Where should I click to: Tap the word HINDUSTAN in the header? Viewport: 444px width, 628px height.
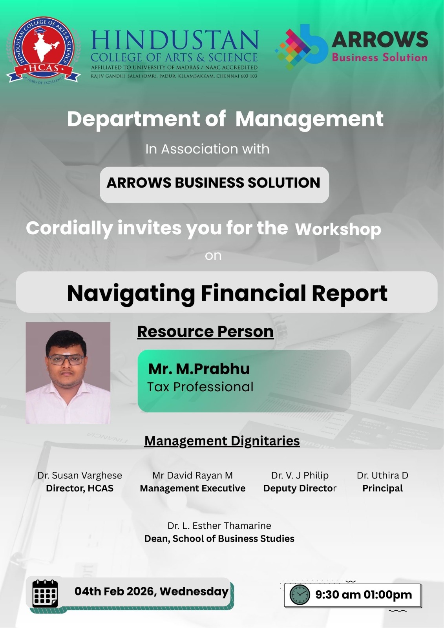tap(175, 41)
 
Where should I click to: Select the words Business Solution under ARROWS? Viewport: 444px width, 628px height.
tap(380, 58)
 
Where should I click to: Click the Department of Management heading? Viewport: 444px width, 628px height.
tap(225, 119)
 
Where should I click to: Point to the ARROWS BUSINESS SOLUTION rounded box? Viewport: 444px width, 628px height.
tap(214, 184)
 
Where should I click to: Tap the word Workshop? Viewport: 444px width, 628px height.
tap(338, 229)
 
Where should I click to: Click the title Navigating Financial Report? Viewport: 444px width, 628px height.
tap(227, 293)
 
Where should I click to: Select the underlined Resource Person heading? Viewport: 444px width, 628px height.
tap(205, 332)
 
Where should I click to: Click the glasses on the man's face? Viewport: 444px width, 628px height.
tap(66, 360)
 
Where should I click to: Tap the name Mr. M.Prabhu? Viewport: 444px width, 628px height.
tap(199, 369)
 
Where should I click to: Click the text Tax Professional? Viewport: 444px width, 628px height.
tap(200, 387)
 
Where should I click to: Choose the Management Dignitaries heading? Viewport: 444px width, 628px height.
tap(222, 441)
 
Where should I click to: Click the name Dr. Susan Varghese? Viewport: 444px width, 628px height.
tap(80, 475)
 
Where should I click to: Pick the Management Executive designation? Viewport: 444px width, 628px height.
tap(192, 488)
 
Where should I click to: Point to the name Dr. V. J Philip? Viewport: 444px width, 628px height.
tap(300, 475)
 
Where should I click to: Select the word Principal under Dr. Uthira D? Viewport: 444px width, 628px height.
tap(382, 488)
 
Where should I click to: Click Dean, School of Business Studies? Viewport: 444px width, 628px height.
tap(219, 539)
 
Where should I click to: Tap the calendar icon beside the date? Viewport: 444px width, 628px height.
tap(45, 593)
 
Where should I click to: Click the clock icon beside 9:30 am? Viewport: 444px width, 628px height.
tap(300, 595)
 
